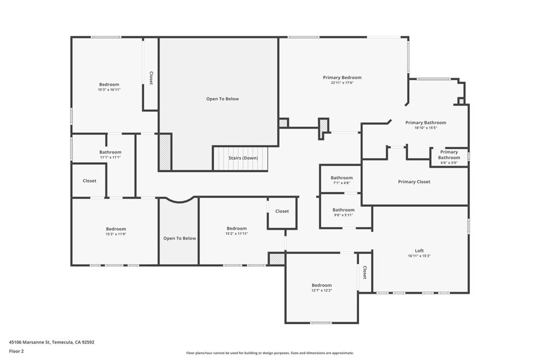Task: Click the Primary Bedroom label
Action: (342, 77)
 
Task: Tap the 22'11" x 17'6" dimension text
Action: (342, 83)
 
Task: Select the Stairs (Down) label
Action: (243, 158)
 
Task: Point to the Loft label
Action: (419, 250)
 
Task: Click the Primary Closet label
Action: (414, 182)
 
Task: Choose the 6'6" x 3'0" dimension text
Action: (449, 163)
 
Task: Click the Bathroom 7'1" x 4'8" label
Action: (342, 178)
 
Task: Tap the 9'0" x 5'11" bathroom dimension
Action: (343, 215)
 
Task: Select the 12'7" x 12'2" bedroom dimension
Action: (321, 290)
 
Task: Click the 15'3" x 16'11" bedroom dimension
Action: (109, 90)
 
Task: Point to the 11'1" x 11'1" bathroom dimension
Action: (110, 158)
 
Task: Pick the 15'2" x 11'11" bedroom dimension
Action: (237, 233)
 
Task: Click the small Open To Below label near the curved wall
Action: (179, 238)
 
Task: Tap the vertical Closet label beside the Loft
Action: (364, 273)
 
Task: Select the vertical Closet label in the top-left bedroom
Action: (151, 78)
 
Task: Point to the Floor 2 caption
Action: (16, 351)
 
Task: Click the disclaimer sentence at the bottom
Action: (269, 353)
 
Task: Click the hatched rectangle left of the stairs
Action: (165, 152)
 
